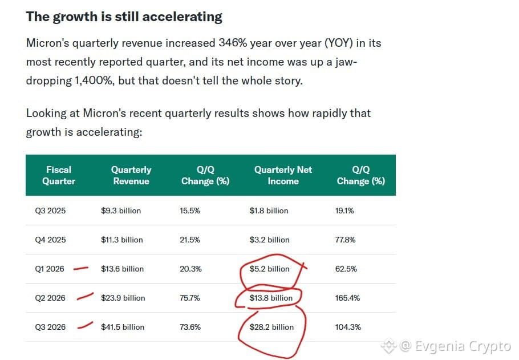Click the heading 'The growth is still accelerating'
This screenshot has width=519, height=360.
click(x=124, y=17)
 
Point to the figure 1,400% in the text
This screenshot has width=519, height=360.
click(x=94, y=81)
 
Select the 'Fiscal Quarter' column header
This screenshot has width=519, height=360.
click(x=59, y=175)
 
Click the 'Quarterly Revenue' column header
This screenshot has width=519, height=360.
click(x=131, y=175)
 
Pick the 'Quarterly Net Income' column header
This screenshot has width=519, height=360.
click(x=283, y=175)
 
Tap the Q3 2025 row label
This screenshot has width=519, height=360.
click(x=50, y=211)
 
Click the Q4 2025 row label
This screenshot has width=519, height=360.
click(x=50, y=240)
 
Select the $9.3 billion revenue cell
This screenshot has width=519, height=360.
click(x=121, y=211)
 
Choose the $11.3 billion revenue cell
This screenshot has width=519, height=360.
click(x=122, y=240)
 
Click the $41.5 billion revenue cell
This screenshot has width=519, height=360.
click(x=123, y=327)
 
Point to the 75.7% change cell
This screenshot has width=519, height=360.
click(x=190, y=298)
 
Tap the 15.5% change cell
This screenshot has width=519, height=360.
click(x=190, y=211)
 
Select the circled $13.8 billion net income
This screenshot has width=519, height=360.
click(x=271, y=298)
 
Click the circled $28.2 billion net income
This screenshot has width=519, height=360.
click(x=271, y=327)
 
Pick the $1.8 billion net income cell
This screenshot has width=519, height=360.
click(x=269, y=211)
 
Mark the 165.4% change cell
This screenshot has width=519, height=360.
click(x=347, y=298)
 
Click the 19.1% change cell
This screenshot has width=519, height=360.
click(x=344, y=211)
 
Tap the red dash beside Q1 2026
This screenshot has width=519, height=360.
click(x=81, y=268)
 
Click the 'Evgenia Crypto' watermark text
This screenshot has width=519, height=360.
click(x=463, y=346)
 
